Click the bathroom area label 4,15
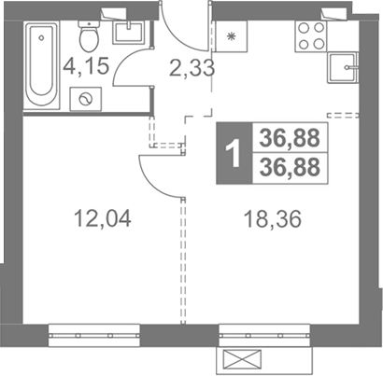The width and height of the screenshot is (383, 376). tap(86, 66)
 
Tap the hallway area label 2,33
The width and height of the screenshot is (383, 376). tap(192, 68)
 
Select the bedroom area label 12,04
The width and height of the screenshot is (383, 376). tap(103, 218)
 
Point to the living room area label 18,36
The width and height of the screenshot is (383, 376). tap(273, 219)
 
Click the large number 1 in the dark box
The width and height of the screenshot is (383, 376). tap(234, 153)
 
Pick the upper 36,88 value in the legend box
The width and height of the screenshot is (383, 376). tap(290, 137)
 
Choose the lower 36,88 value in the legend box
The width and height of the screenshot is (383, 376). tap(290, 167)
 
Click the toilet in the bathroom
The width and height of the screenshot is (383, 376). tap(89, 35)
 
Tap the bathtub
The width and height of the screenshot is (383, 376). tap(42, 64)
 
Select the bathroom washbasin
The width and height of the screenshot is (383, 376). tap(128, 33)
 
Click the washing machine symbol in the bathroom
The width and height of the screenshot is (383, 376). tap(86, 99)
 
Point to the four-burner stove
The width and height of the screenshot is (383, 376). tap(311, 36)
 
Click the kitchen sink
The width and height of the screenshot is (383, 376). tap(342, 68)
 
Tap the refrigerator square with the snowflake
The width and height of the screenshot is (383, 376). tap(231, 36)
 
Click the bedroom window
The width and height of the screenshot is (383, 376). tap(94, 336)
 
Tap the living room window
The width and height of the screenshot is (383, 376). tap(264, 336)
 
